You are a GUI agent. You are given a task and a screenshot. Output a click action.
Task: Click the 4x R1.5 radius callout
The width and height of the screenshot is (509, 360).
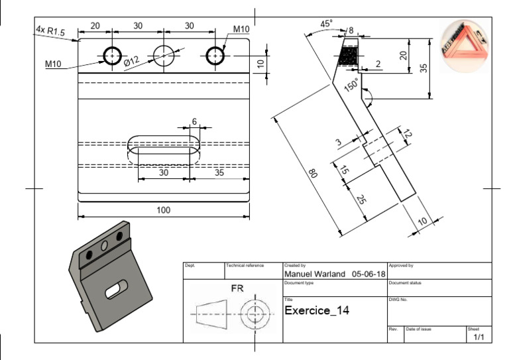52,30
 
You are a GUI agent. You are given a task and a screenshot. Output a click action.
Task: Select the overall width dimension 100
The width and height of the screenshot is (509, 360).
164,210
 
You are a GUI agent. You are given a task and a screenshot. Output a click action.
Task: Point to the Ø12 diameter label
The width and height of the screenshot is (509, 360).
131,62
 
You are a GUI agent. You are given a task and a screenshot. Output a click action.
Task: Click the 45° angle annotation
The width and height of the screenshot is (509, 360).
326,24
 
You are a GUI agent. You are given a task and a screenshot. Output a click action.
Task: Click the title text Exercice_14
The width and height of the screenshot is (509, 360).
316,310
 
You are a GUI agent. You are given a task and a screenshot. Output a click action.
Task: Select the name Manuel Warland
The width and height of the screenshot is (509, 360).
315,273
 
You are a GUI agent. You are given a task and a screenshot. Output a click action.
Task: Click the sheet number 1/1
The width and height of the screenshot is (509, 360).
479,337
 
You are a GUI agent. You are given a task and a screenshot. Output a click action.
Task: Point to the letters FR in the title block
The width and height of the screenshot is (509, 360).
237,289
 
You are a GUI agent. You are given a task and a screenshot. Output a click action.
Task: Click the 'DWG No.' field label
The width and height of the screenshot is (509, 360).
399,300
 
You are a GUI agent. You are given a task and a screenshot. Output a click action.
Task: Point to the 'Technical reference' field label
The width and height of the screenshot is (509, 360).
245,265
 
